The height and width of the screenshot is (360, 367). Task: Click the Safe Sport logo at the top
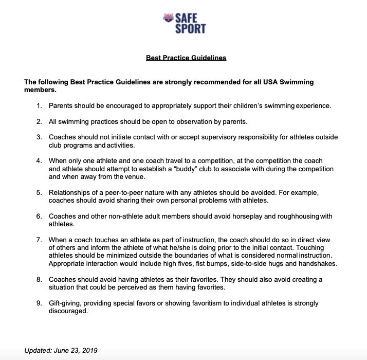pyautogui.click(x=183, y=23)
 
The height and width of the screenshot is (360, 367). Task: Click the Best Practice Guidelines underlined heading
pyautogui.click(x=186, y=58)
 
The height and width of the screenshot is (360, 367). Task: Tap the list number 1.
pyautogui.click(x=39, y=106)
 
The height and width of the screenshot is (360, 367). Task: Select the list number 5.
pyautogui.click(x=39, y=193)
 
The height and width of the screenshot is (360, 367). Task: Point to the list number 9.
pyautogui.click(x=39, y=303)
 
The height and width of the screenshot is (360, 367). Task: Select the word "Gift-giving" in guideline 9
pyautogui.click(x=66, y=303)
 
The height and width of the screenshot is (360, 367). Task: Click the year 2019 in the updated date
pyautogui.click(x=89, y=351)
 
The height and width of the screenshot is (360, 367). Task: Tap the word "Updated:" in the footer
pyautogui.click(x=38, y=351)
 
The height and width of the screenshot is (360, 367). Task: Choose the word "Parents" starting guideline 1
pyautogui.click(x=61, y=106)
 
